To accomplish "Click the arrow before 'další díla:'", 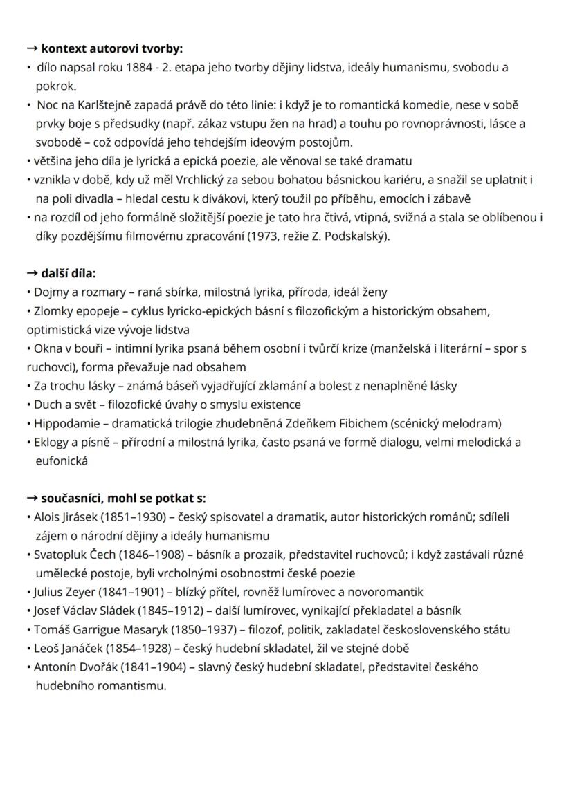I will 33,273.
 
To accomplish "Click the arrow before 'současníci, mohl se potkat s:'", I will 33,498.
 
